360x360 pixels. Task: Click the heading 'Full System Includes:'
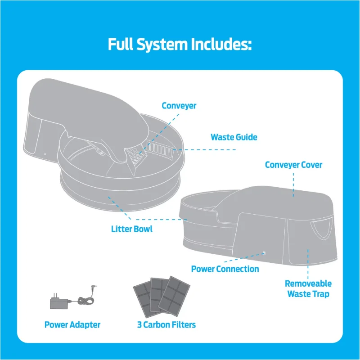coord(180,45)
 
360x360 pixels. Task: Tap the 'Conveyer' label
coord(179,106)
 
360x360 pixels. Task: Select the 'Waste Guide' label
coord(234,137)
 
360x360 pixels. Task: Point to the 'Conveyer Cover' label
coord(293,165)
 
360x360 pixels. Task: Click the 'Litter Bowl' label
coord(132,229)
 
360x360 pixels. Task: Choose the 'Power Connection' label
coord(225,269)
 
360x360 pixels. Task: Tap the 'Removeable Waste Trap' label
coord(308,289)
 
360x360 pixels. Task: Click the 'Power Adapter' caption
coord(72,324)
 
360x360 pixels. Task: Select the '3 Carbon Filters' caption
coord(166,324)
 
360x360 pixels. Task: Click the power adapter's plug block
coord(58,303)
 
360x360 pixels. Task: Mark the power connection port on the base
coord(264,253)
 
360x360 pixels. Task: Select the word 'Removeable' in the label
coord(308,283)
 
